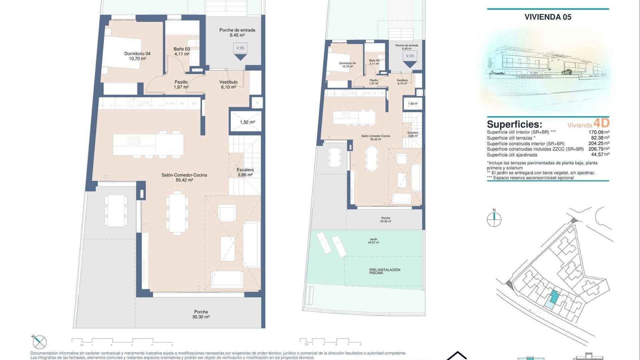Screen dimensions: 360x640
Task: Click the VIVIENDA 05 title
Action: click(548, 17)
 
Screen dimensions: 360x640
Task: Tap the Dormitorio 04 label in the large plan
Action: click(137, 56)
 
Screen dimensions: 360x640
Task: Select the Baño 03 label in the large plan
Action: click(182, 51)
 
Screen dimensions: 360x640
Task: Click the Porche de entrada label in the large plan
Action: click(237, 32)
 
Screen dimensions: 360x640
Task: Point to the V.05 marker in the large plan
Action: click(240, 48)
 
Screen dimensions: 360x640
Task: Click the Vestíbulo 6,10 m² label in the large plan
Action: click(228, 84)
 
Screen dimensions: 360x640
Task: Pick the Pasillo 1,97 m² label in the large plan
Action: click(181, 84)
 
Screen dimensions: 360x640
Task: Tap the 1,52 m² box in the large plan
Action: click(247, 122)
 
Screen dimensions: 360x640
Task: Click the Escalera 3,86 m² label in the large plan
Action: click(245, 172)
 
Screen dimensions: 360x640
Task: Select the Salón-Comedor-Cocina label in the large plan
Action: click(184, 177)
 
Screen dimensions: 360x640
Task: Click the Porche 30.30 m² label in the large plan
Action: click(201, 314)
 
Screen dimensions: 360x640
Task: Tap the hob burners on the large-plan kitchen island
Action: click(134, 141)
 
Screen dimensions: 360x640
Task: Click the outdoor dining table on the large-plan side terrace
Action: click(116, 211)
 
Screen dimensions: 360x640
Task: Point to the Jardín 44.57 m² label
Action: click(373, 241)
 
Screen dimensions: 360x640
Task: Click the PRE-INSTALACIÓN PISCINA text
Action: click(385, 271)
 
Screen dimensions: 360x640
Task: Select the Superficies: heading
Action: click(514, 124)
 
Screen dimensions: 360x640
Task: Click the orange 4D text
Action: click(601, 123)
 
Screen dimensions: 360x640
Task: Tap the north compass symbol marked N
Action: click(494, 219)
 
